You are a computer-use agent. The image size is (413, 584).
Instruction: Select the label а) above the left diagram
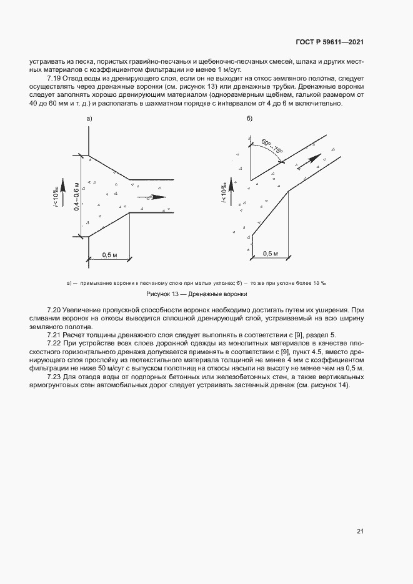[x=89, y=118]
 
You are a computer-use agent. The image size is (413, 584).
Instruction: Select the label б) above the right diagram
[x=249, y=118]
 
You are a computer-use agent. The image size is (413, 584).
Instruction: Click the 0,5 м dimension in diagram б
[x=270, y=254]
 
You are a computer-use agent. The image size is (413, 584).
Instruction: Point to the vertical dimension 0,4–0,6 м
[x=77, y=195]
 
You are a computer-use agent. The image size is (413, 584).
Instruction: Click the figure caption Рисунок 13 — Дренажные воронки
[x=197, y=294]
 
